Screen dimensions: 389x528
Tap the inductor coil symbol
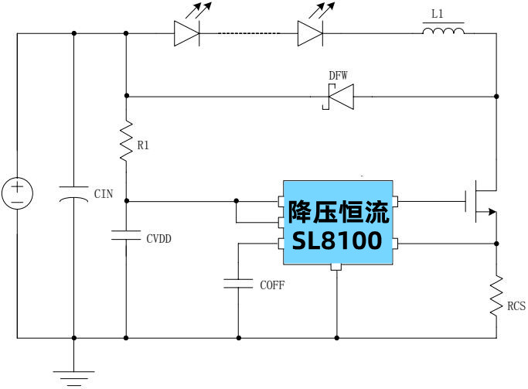(x=443, y=32)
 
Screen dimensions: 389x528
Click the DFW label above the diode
(x=338, y=75)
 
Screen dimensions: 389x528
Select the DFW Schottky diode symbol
(x=338, y=96)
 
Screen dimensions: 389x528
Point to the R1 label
(x=143, y=145)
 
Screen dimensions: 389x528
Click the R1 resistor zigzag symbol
(x=126, y=140)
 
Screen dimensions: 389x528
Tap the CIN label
(x=103, y=194)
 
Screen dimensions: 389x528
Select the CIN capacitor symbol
(x=74, y=193)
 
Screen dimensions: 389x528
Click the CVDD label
(x=158, y=239)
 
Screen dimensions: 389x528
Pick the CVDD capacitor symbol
(x=126, y=234)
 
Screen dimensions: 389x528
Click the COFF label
(x=271, y=285)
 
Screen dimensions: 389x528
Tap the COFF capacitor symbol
(x=238, y=283)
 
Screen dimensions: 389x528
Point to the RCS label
(x=516, y=307)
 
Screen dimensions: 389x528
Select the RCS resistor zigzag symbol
(x=496, y=295)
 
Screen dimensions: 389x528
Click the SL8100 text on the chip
(x=337, y=241)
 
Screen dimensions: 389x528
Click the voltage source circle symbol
(x=17, y=193)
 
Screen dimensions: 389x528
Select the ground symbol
(x=74, y=374)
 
